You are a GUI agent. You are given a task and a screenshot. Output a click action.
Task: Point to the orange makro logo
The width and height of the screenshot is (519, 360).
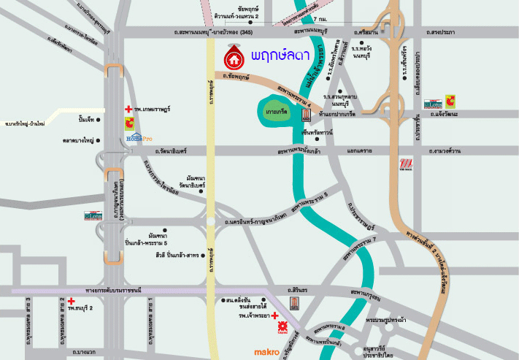[x=266, y=352]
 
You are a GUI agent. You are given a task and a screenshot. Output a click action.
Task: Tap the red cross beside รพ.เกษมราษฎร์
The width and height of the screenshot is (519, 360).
[x=128, y=109]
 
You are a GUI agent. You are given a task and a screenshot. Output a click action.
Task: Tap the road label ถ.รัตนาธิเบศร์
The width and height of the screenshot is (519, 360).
[x=170, y=151]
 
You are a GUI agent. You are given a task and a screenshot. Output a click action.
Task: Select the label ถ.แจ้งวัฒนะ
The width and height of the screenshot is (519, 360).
[x=442, y=115]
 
